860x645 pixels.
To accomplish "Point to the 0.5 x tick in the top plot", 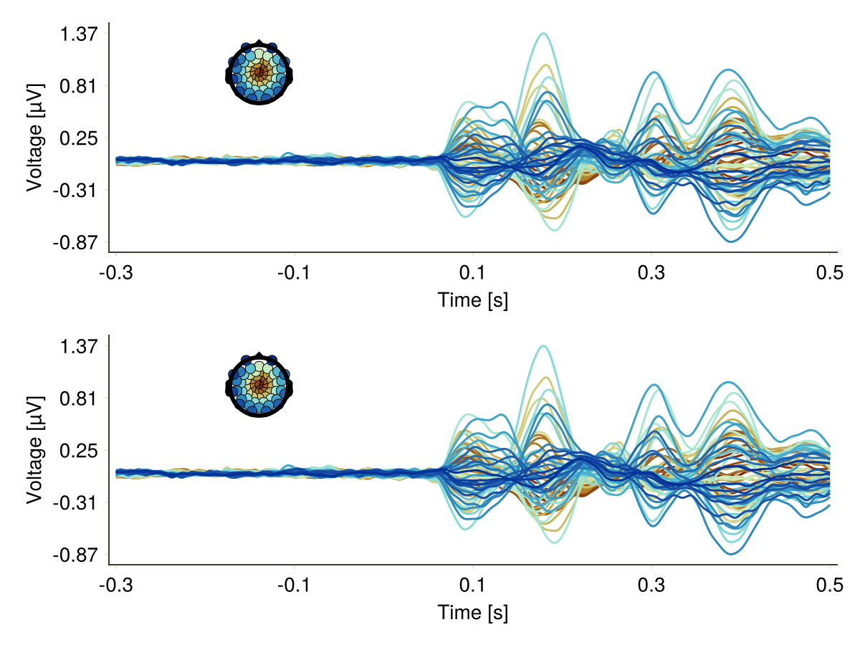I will coord(830,273).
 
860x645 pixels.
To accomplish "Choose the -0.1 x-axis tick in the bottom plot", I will coord(292,586).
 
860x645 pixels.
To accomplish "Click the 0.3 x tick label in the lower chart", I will coord(651,586).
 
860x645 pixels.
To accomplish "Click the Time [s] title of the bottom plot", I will coord(473,613).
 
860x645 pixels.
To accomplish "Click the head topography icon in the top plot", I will coord(259,72).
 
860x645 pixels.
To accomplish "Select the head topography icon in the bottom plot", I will coord(259,385).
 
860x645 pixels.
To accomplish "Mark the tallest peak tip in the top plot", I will coord(544,34).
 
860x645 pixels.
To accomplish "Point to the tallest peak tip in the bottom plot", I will coord(544,346).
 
